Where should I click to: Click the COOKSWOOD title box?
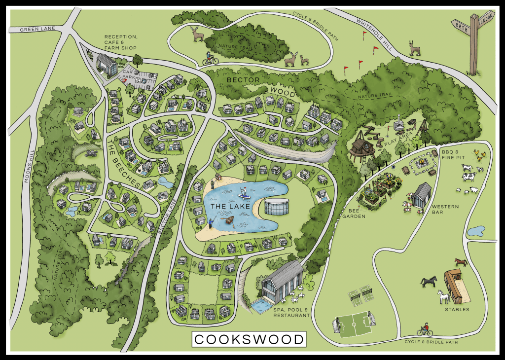click(248, 339)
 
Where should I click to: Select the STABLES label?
click(457, 310)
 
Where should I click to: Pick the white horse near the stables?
click(442, 296)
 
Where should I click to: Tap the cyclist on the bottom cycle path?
click(425, 329)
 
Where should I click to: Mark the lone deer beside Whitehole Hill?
click(414, 48)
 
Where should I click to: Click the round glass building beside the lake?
click(275, 207)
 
